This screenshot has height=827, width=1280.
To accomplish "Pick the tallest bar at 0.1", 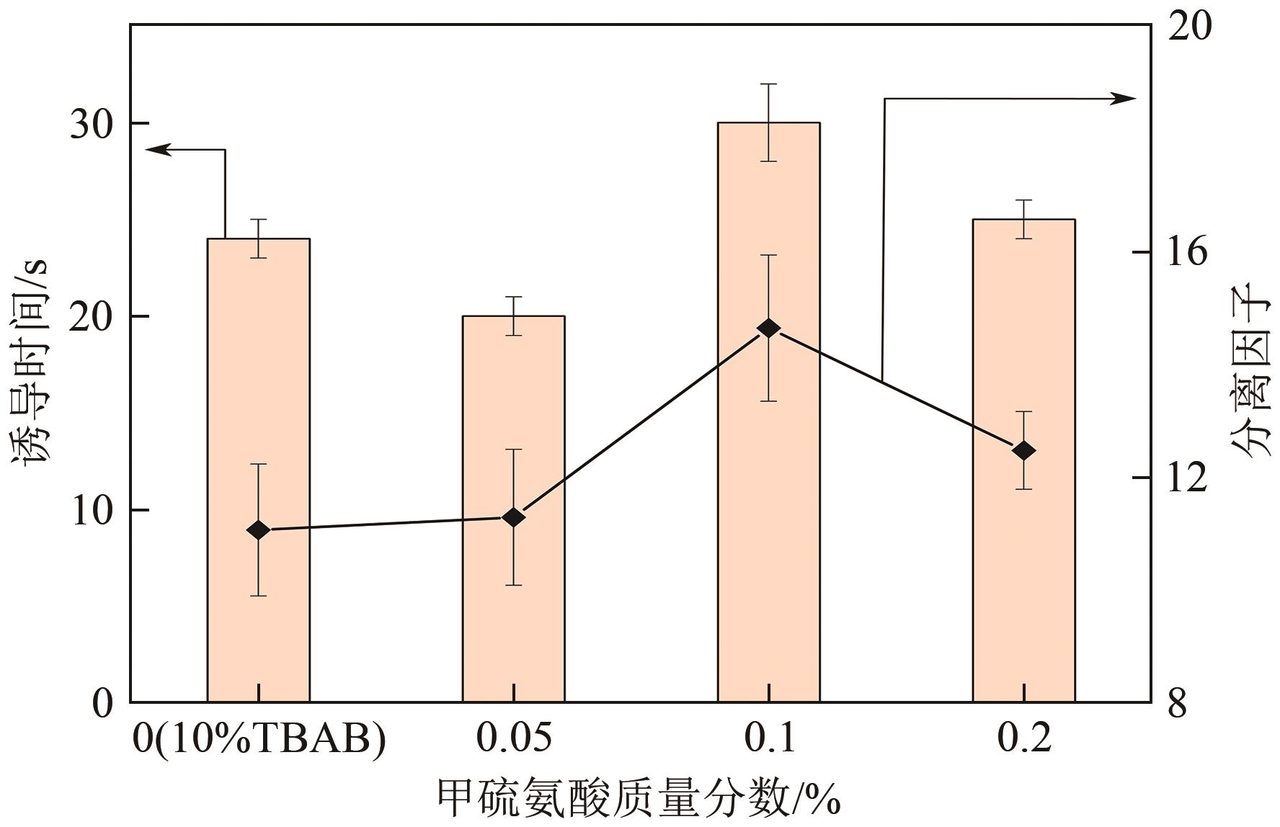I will point(768,504).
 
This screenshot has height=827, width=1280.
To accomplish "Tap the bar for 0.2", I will point(1023,576).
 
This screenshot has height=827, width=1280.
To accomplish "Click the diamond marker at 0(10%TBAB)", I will point(258,530).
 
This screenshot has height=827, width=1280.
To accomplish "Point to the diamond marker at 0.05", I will point(513,517).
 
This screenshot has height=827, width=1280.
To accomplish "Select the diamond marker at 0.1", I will point(768,328).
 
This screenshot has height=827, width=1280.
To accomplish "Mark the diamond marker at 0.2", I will point(1023,451).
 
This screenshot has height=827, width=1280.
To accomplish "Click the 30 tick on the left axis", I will point(92,124).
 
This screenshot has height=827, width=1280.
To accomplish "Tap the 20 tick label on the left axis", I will point(92,317).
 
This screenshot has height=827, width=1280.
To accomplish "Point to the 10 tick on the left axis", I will point(92,511).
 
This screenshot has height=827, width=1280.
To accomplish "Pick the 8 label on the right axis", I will point(1176,703).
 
